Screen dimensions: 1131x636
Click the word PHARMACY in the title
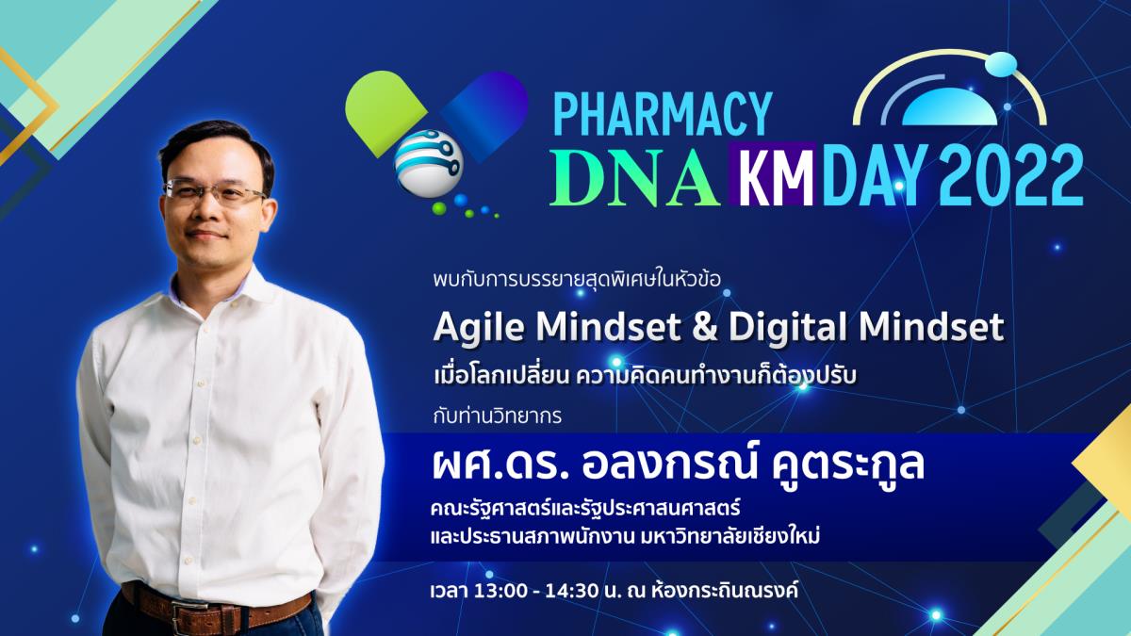pyautogui.click(x=663, y=114)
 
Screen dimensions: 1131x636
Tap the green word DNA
pyautogui.click(x=634, y=175)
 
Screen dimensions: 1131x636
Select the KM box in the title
pyautogui.click(x=772, y=173)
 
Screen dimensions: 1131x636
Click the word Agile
pyautogui.click(x=479, y=328)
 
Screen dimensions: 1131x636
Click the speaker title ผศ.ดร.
pyautogui.click(x=500, y=465)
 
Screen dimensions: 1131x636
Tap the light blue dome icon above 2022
pyautogui.click(x=949, y=107)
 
